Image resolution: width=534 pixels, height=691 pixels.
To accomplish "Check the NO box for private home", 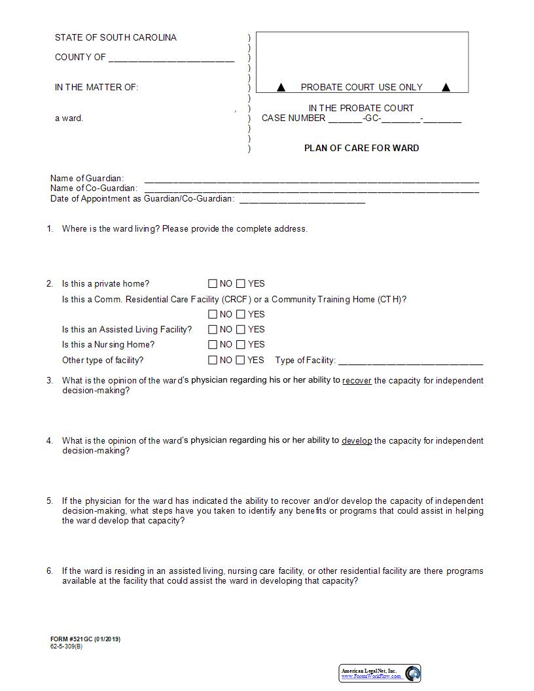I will click(x=212, y=284).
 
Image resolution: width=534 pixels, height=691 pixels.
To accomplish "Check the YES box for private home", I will click(x=241, y=284).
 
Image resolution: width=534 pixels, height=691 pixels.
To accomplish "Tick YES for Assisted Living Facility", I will click(x=241, y=330).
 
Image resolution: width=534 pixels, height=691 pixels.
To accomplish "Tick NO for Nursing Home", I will click(x=212, y=345).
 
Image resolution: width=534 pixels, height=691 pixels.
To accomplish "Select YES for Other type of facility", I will click(x=241, y=360).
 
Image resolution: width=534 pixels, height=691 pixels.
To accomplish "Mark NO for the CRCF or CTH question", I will click(x=212, y=315).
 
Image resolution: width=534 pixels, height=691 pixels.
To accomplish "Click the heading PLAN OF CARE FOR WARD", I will click(x=361, y=148).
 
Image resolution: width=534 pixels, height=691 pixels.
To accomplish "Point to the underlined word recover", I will click(x=357, y=380).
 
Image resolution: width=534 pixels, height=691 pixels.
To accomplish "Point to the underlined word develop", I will click(x=357, y=441).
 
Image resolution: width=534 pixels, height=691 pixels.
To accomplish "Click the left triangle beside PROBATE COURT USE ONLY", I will click(x=281, y=87).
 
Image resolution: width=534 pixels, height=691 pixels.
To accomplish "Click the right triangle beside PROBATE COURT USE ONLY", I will click(x=446, y=87).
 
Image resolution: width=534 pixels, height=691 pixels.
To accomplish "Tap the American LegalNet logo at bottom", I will click(x=380, y=673).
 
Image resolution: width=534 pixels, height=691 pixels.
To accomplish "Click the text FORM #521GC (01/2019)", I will click(x=85, y=639).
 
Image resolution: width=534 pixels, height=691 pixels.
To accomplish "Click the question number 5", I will click(x=50, y=501).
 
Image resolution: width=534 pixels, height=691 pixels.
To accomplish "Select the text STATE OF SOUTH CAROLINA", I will click(x=116, y=38).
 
